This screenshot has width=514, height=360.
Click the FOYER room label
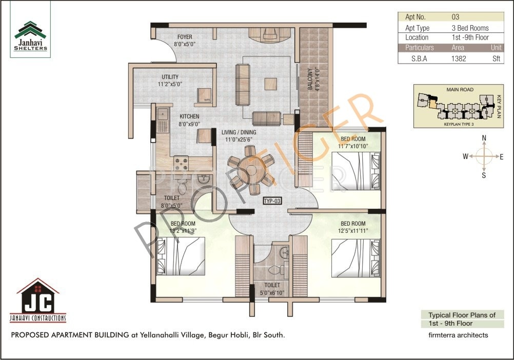(185, 37)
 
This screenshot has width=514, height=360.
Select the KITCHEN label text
(189, 117)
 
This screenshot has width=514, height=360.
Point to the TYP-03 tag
(272, 202)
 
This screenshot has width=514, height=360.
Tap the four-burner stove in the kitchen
(181, 163)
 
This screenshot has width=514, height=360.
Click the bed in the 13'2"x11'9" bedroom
(181, 256)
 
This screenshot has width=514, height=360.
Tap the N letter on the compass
(484, 138)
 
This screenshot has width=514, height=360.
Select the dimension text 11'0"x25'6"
(239, 139)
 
